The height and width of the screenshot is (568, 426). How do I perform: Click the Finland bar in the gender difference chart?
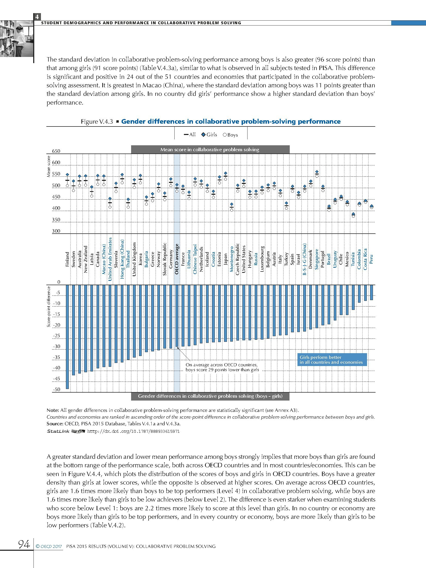pyautogui.click(x=67, y=336)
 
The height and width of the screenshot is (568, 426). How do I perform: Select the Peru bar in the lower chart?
pyautogui.click(x=371, y=292)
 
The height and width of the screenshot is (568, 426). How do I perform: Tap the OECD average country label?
pyautogui.click(x=177, y=259)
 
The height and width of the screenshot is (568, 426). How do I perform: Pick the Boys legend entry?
pyautogui.click(x=230, y=135)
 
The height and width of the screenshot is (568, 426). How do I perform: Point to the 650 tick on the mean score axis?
pyautogui.click(x=56, y=151)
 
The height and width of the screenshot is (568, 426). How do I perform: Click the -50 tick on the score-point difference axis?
pyautogui.click(x=57, y=389)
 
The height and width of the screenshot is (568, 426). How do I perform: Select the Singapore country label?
pyautogui.click(x=317, y=259)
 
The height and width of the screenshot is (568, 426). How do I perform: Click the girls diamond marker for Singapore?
pyautogui.click(x=317, y=172)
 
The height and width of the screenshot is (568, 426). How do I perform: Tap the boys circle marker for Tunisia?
pyautogui.click(x=353, y=216)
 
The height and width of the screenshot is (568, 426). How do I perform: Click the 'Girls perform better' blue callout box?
pyautogui.click(x=332, y=360)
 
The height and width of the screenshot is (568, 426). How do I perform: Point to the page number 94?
pyautogui.click(x=24, y=544)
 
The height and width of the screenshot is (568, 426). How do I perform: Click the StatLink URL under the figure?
pyautogui.click(x=133, y=431)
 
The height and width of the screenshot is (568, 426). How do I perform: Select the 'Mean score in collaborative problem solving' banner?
pyautogui.click(x=210, y=150)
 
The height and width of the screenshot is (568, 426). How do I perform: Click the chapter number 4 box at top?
pyautogui.click(x=37, y=17)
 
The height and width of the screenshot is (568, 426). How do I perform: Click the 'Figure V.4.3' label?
pyautogui.click(x=97, y=122)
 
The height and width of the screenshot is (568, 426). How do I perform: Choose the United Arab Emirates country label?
pyautogui.click(x=110, y=259)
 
